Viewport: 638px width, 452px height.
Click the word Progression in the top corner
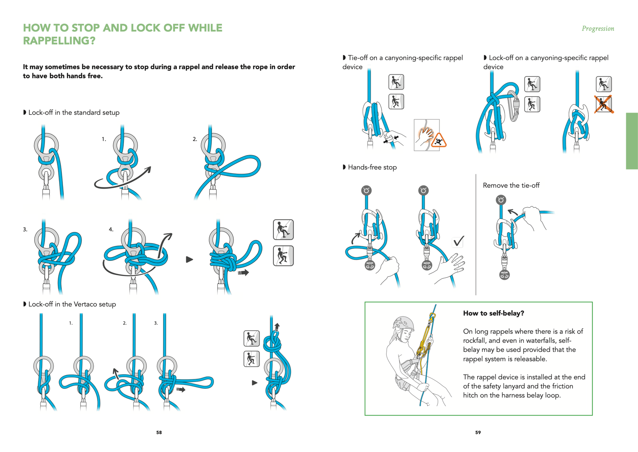pyautogui.click(x=598, y=29)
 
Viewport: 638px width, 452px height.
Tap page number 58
pyautogui.click(x=159, y=432)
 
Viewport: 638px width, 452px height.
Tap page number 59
pyautogui.click(x=478, y=432)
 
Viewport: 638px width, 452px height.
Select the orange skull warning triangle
pyautogui.click(x=439, y=140)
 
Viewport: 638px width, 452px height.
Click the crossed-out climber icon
pyautogui.click(x=604, y=105)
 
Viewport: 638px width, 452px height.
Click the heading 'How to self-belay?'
pyautogui.click(x=493, y=313)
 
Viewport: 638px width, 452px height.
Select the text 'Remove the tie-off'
pyautogui.click(x=511, y=186)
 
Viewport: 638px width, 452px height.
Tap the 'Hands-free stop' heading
pyautogui.click(x=372, y=167)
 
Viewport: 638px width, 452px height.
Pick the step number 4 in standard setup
pyautogui.click(x=111, y=229)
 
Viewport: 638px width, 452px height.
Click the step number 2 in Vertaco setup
pyautogui.click(x=125, y=323)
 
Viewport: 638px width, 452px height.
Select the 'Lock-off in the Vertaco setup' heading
pyautogui.click(x=72, y=304)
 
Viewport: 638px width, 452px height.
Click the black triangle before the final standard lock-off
pyautogui.click(x=189, y=260)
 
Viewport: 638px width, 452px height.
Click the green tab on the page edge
pyautogui.click(x=632, y=141)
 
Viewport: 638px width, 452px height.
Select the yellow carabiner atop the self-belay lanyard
pyautogui.click(x=433, y=316)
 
